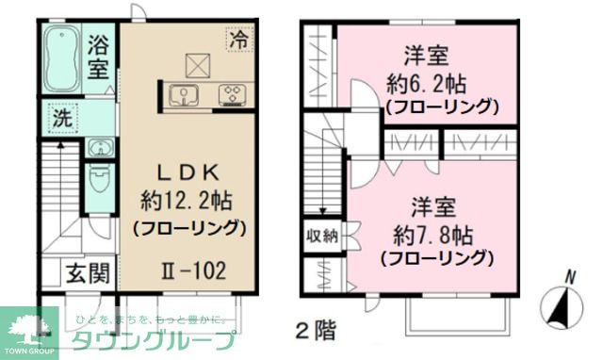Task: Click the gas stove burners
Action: pos(231,94)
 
